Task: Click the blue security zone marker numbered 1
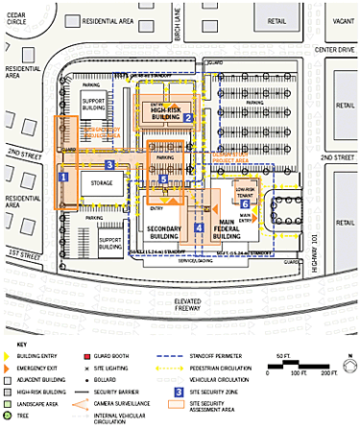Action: pos(64,177)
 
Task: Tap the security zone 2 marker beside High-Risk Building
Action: pos(190,118)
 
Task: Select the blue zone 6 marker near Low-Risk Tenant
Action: pos(246,204)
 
